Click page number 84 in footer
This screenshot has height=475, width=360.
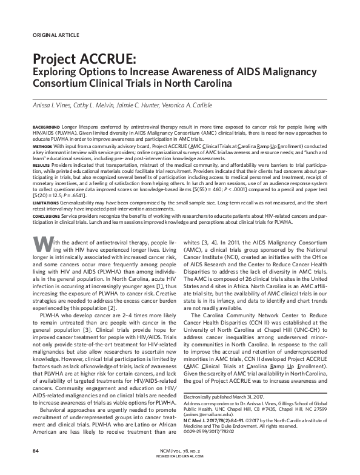click(x=35, y=452)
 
